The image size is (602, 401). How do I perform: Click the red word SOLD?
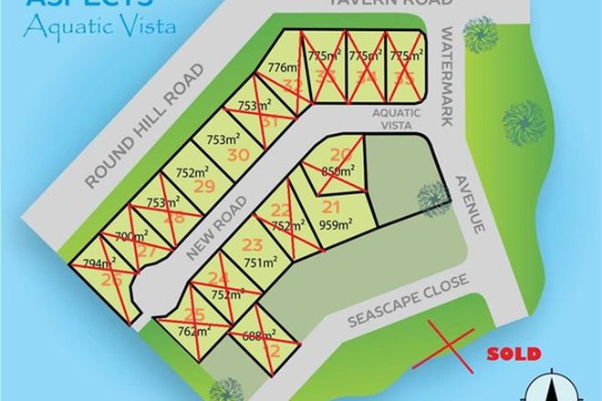click(514, 355)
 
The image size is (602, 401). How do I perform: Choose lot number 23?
click(253, 244)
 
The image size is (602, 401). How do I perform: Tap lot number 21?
click(331, 206)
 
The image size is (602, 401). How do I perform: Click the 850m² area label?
click(339, 170)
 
